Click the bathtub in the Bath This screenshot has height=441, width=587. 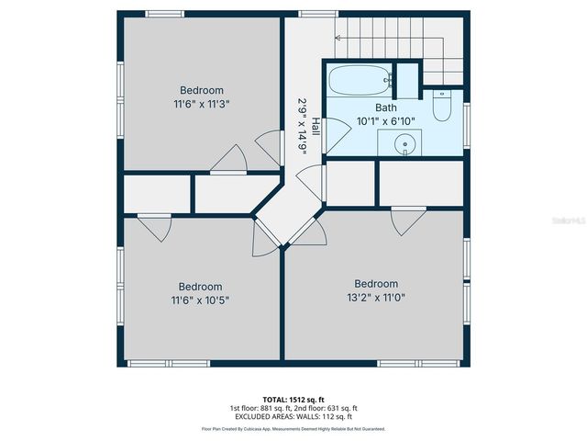(359, 81)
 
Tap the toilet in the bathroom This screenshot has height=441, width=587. (441, 107)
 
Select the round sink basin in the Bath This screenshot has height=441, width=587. (405, 144)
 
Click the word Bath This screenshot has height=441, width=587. (386, 107)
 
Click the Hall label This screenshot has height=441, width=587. (316, 127)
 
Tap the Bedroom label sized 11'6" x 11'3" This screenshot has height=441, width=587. (201, 90)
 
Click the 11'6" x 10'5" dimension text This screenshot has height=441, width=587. (200, 300)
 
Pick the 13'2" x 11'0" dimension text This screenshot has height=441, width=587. (376, 297)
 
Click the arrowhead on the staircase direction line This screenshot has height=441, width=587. (338, 38)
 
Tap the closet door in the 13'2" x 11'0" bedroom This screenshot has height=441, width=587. (408, 219)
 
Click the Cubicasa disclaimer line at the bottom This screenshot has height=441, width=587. (293, 429)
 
